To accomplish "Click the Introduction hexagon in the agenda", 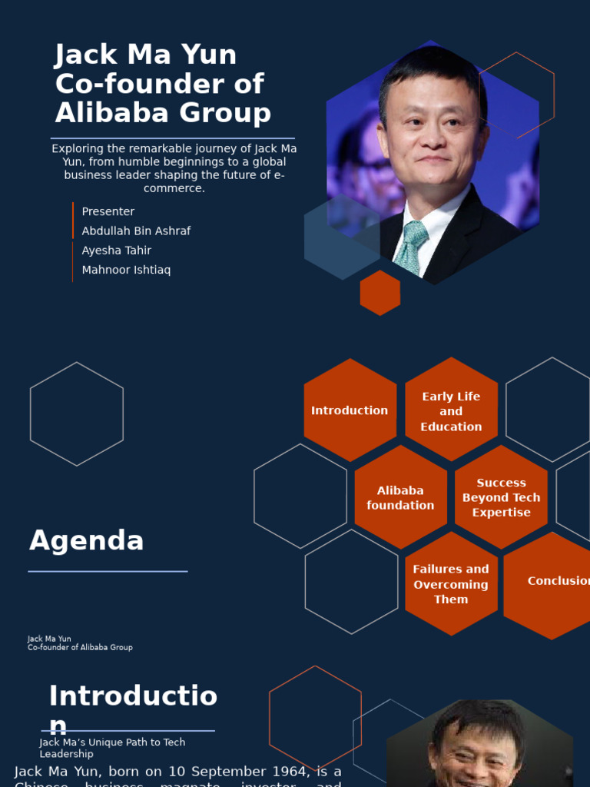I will click(350, 410).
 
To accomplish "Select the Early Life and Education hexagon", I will click(451, 411).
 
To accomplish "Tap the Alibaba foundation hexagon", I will click(400, 498).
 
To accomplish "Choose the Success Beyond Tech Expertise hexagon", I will click(501, 497).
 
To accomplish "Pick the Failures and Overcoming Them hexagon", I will click(451, 584).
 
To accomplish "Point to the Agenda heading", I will click(87, 541).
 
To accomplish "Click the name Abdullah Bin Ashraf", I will click(136, 231).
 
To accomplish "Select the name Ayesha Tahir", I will click(117, 251).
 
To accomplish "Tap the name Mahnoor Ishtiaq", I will click(126, 270).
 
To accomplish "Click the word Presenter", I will click(108, 211).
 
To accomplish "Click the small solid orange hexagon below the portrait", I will click(380, 293).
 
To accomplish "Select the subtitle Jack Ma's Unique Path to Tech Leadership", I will click(112, 748).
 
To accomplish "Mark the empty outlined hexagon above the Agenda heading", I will click(77, 414).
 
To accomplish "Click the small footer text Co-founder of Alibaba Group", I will click(80, 648).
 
